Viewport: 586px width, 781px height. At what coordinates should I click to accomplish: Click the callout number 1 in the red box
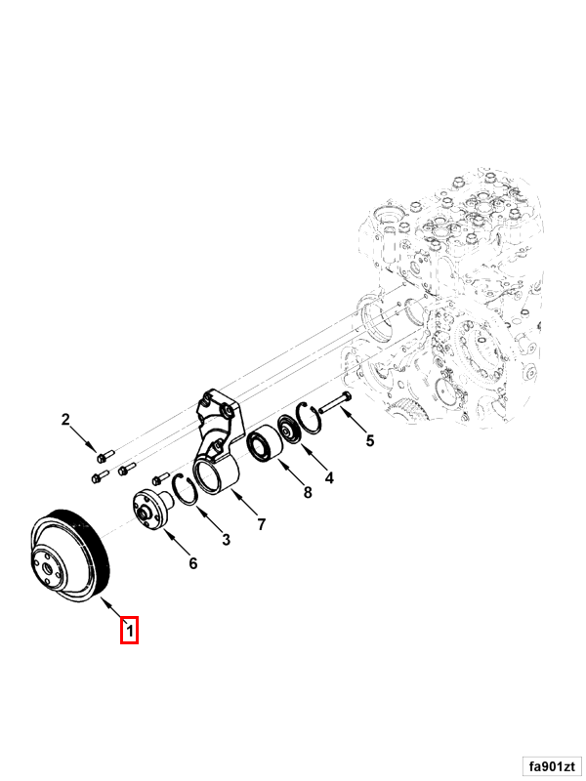click(130, 631)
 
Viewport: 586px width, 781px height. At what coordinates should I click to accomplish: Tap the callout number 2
click(65, 420)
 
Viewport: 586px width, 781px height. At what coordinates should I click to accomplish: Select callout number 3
click(227, 540)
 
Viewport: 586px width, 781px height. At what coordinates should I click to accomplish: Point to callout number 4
click(329, 478)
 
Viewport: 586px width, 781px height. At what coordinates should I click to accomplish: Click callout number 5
click(370, 441)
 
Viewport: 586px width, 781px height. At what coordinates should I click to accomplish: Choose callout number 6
click(192, 563)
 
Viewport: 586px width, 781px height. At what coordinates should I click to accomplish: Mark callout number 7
click(262, 524)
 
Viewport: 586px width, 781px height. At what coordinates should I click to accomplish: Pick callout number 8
click(308, 493)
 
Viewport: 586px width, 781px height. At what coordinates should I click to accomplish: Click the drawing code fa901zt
click(552, 766)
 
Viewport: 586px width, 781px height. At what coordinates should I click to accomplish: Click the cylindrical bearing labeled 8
click(265, 444)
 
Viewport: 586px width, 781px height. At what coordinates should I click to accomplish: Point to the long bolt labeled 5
click(335, 403)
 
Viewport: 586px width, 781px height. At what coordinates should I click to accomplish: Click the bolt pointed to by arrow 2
click(105, 455)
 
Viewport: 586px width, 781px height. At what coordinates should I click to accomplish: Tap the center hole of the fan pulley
click(49, 568)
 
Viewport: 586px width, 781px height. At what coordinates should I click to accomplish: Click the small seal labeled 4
click(288, 429)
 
